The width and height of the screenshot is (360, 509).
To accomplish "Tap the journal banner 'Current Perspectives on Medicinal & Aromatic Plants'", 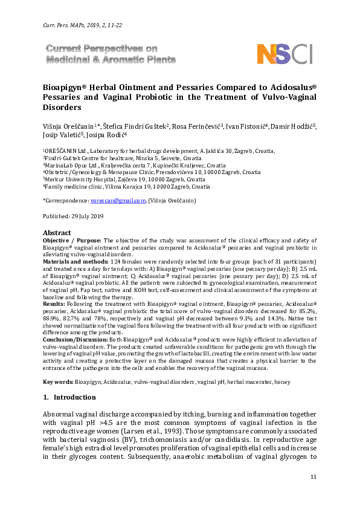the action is pos(111,54).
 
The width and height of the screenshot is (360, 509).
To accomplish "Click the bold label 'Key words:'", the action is pos(58,381).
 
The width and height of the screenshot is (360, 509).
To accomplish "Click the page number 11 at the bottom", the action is pos(313,478).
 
